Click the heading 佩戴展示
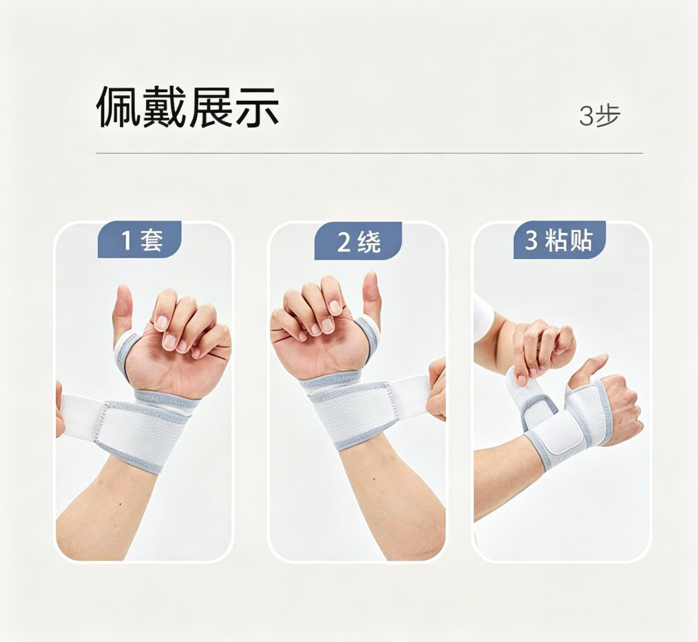pos(187,107)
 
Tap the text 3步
pos(600,116)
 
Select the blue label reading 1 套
pos(140,239)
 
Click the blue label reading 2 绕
pos(358,241)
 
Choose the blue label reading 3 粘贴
pos(559,239)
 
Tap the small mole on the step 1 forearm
pos(122,504)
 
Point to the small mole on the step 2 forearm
pos(374,480)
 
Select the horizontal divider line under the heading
pos(369,153)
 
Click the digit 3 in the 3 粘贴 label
pos(531,240)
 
